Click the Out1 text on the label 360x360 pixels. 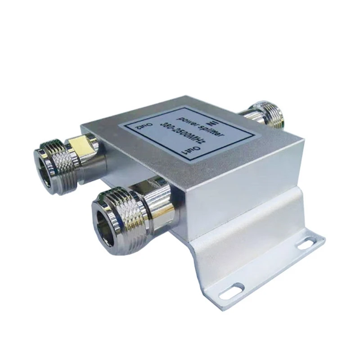(184, 147)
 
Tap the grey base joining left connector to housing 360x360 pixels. (97, 153)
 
